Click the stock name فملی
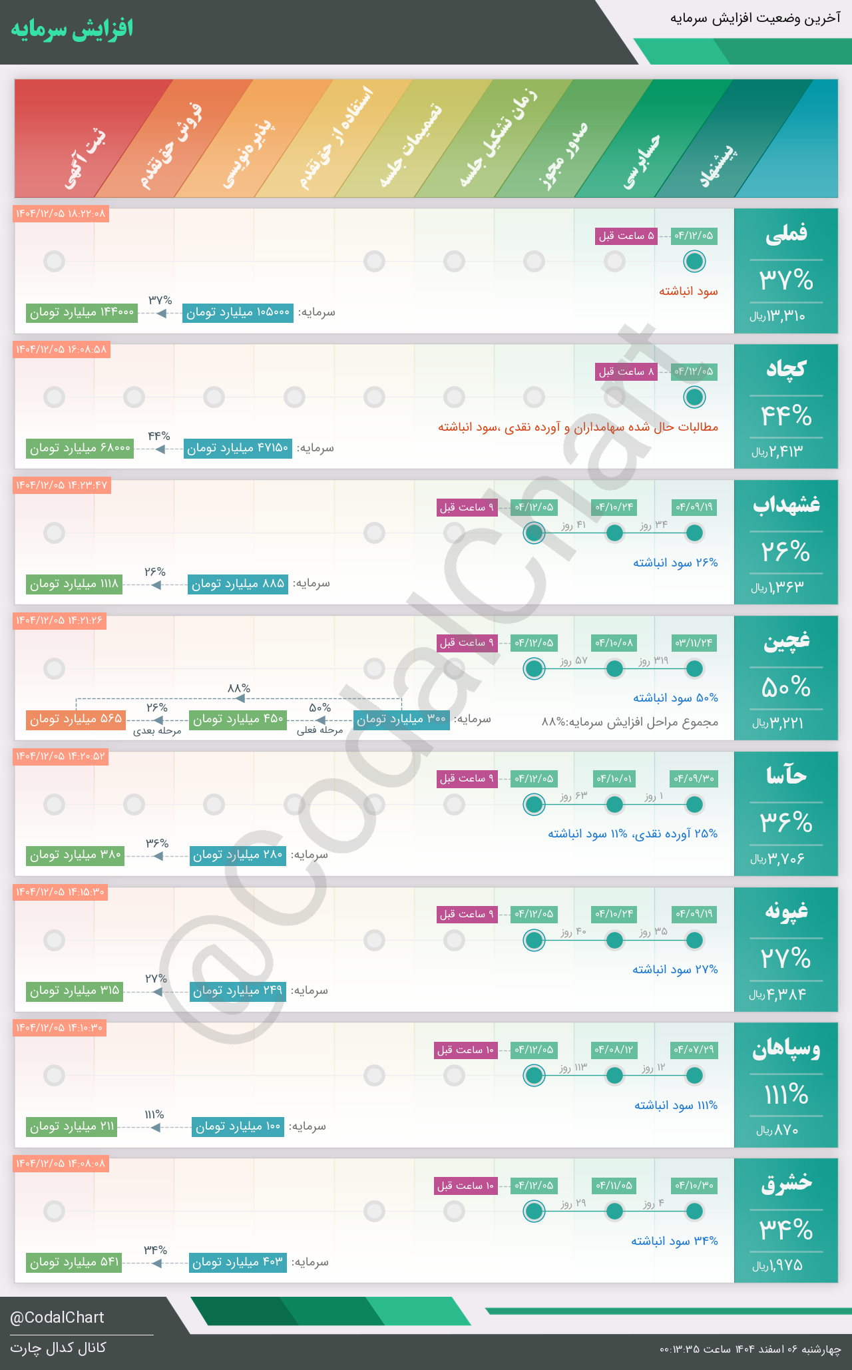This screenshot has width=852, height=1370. coord(786,234)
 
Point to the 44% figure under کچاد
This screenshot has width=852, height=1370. coord(786,417)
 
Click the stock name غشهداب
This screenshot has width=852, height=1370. coord(786,505)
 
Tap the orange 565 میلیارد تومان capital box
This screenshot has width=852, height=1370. coord(76,720)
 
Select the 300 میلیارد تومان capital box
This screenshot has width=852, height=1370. coord(401,720)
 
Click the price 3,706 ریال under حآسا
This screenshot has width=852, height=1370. coord(777,859)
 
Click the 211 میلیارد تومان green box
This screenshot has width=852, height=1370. coord(72,1127)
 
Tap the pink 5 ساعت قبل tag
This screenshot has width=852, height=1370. coord(626,236)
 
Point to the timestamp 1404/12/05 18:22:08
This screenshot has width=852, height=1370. coord(61,214)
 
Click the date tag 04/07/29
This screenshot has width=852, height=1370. coord(694,1050)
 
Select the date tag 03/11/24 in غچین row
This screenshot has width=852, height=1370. coord(694,643)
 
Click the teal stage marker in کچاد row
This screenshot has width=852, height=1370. coord(694,397)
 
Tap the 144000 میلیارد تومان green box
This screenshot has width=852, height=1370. coord(82,312)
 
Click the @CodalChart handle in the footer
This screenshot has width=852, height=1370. coord(57,1317)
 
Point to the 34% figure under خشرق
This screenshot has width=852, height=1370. coord(786,1230)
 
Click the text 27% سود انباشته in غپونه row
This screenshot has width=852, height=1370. coord(675,969)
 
